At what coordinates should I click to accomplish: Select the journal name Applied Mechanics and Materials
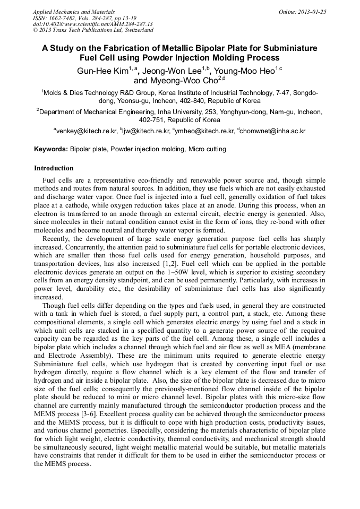[73, 12]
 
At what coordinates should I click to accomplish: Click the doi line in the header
[92, 24]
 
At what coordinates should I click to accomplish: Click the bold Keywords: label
[51, 149]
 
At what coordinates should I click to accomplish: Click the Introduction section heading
[54, 168]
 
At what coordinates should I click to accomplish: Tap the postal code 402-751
[151, 120]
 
